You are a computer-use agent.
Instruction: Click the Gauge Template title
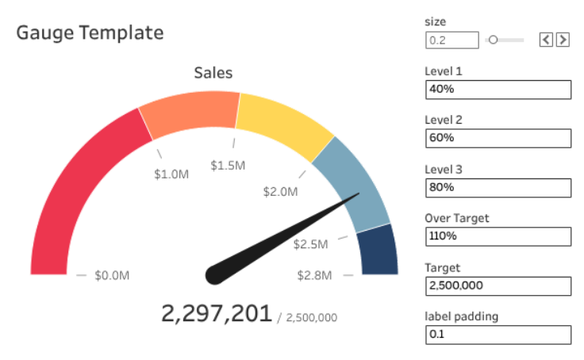coord(90,33)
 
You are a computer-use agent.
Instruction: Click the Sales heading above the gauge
coord(213,73)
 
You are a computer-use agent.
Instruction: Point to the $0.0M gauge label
coord(112,275)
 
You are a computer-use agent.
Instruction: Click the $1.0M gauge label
coord(171,173)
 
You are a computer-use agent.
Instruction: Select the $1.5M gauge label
coord(228,165)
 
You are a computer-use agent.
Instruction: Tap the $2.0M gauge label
coord(281,191)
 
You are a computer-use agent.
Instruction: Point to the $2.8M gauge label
coord(315,275)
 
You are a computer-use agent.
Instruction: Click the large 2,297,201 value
coord(216,314)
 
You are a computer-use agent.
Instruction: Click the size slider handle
coord(493,39)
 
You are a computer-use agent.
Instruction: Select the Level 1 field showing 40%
coord(498,90)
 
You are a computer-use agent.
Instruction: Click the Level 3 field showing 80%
coord(498,188)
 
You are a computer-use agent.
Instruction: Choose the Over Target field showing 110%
coord(498,237)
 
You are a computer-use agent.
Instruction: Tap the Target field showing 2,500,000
coord(498,286)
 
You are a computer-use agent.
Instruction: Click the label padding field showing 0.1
coord(498,335)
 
